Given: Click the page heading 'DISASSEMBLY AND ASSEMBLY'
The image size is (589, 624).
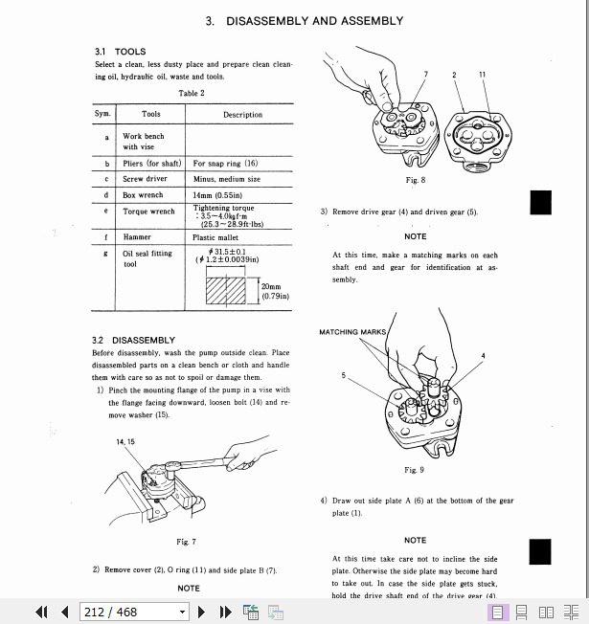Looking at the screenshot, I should [x=304, y=21].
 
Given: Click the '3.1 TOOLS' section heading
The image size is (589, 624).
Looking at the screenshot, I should [x=120, y=52].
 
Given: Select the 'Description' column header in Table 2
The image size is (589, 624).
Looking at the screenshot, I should [x=242, y=115].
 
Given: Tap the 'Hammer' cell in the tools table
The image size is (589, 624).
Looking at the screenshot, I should [x=137, y=236].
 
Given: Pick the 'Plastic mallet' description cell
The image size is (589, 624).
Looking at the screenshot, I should [x=216, y=236].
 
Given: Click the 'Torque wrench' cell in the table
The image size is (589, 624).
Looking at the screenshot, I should [x=148, y=212].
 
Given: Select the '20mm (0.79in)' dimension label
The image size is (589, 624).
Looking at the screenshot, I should [x=272, y=291].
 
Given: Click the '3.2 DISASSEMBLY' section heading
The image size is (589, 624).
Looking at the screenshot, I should [x=134, y=340].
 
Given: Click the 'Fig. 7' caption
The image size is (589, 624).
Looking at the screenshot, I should [x=186, y=543].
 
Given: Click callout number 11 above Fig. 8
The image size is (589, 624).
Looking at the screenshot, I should [x=483, y=74].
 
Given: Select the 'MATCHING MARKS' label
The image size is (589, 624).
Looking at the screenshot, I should [x=352, y=332].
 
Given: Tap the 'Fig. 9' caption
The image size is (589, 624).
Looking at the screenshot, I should [x=414, y=470].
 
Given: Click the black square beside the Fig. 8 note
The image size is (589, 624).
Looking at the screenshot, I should [x=540, y=203].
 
